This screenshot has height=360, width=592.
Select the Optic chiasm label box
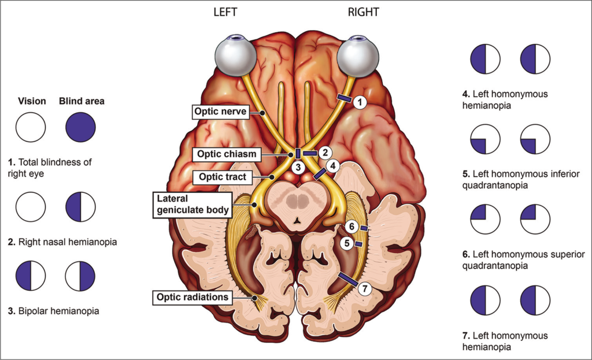tap(224, 154)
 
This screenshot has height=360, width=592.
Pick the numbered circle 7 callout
tap(364, 287)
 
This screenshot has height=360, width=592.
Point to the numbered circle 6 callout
tap(350, 225)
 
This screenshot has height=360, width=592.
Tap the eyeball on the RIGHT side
tap(358, 57)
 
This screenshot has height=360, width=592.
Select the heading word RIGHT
tap(364, 12)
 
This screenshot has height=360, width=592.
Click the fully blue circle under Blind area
tap(81, 127)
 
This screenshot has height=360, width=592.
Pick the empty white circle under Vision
tap(31, 127)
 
